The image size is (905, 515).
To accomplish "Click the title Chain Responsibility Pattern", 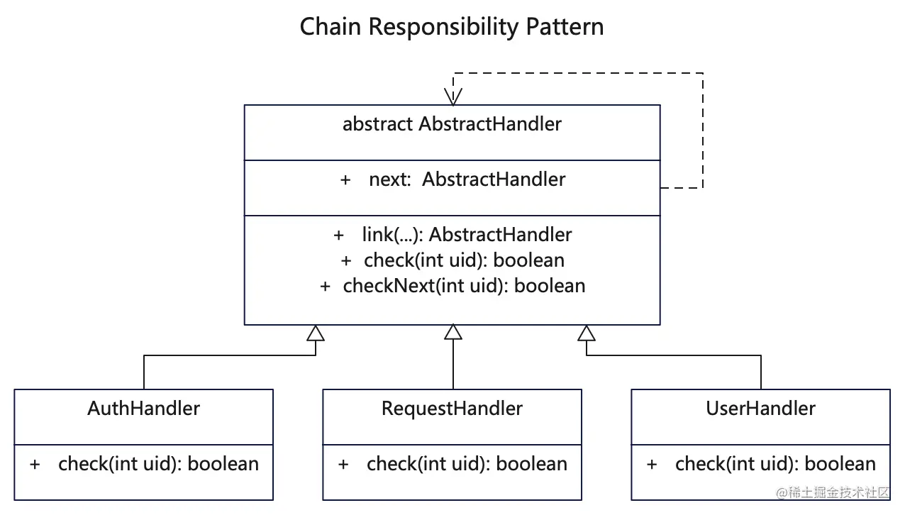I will (452, 27).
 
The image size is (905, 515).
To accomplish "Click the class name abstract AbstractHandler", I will (452, 124).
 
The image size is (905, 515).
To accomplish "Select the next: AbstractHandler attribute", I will (467, 179).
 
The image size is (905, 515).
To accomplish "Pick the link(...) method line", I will (467, 235).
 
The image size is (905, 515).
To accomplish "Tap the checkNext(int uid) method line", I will (464, 286).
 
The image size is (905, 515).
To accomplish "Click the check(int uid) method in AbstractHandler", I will (464, 260).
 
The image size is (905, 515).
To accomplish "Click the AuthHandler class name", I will (143, 409).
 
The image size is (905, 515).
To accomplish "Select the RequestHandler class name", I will (452, 409).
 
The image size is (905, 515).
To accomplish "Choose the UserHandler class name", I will (760, 409).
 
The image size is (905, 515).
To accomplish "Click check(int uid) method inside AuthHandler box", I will (158, 464).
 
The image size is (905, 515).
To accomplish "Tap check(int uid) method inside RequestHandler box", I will (467, 464).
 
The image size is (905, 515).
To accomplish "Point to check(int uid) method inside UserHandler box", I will (775, 464).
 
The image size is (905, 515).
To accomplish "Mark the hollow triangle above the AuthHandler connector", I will (316, 333).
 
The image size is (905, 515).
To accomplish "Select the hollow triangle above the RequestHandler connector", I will (452, 332).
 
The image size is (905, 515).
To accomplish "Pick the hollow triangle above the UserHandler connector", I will (587, 333).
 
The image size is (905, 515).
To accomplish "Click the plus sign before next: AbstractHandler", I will (345, 180).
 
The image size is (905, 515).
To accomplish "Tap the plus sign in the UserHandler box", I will (653, 465).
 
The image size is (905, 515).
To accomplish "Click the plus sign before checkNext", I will (325, 287).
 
